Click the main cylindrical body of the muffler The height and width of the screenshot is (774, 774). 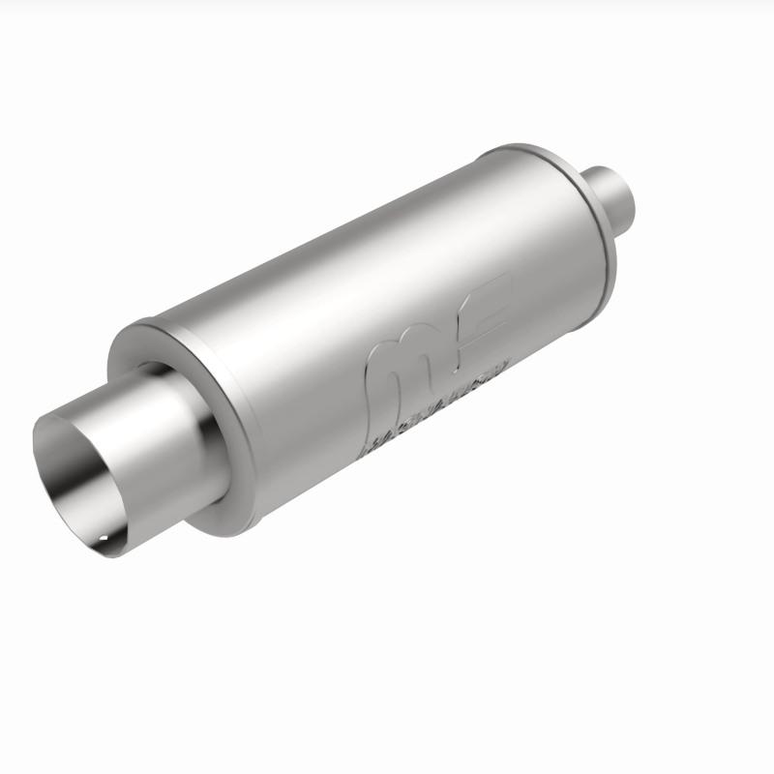click(368, 290)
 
